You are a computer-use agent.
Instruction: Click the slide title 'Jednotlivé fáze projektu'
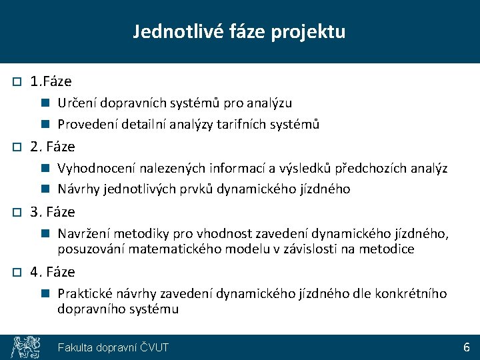point(239,31)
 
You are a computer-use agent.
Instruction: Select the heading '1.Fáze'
point(51,81)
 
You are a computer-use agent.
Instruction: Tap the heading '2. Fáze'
point(53,147)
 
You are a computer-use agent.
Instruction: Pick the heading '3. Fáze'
point(53,212)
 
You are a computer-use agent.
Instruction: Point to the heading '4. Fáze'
point(53,272)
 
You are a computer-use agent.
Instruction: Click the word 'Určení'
point(75,103)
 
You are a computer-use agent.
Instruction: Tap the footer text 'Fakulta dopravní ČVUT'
point(113,347)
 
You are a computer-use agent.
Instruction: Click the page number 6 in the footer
point(467,347)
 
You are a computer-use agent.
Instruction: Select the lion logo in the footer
point(25,347)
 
